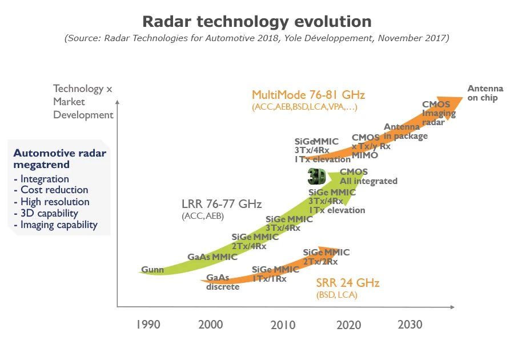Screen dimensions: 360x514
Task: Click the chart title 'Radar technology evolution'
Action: tap(256, 22)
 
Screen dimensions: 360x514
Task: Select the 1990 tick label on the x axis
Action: tap(148, 325)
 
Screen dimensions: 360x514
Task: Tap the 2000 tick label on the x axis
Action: tap(210, 325)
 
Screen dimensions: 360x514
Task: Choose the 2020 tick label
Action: tap(348, 325)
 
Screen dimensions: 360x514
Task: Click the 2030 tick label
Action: tap(409, 325)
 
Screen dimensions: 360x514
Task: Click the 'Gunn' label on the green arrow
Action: tap(152, 270)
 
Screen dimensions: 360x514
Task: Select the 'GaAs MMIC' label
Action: tap(212, 257)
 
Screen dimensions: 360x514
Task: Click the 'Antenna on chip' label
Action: tap(485, 93)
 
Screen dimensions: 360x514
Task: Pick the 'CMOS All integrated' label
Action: tap(368, 177)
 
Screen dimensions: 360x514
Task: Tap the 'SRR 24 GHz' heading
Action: tap(348, 283)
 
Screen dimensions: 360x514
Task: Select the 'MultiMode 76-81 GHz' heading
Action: tap(308, 95)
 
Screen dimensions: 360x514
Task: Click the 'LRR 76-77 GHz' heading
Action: tap(222, 204)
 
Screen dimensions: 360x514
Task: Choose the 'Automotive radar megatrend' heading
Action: tap(59, 159)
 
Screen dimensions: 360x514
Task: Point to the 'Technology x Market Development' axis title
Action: tap(83, 102)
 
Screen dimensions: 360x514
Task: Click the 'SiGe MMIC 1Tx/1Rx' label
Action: tap(275, 274)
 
